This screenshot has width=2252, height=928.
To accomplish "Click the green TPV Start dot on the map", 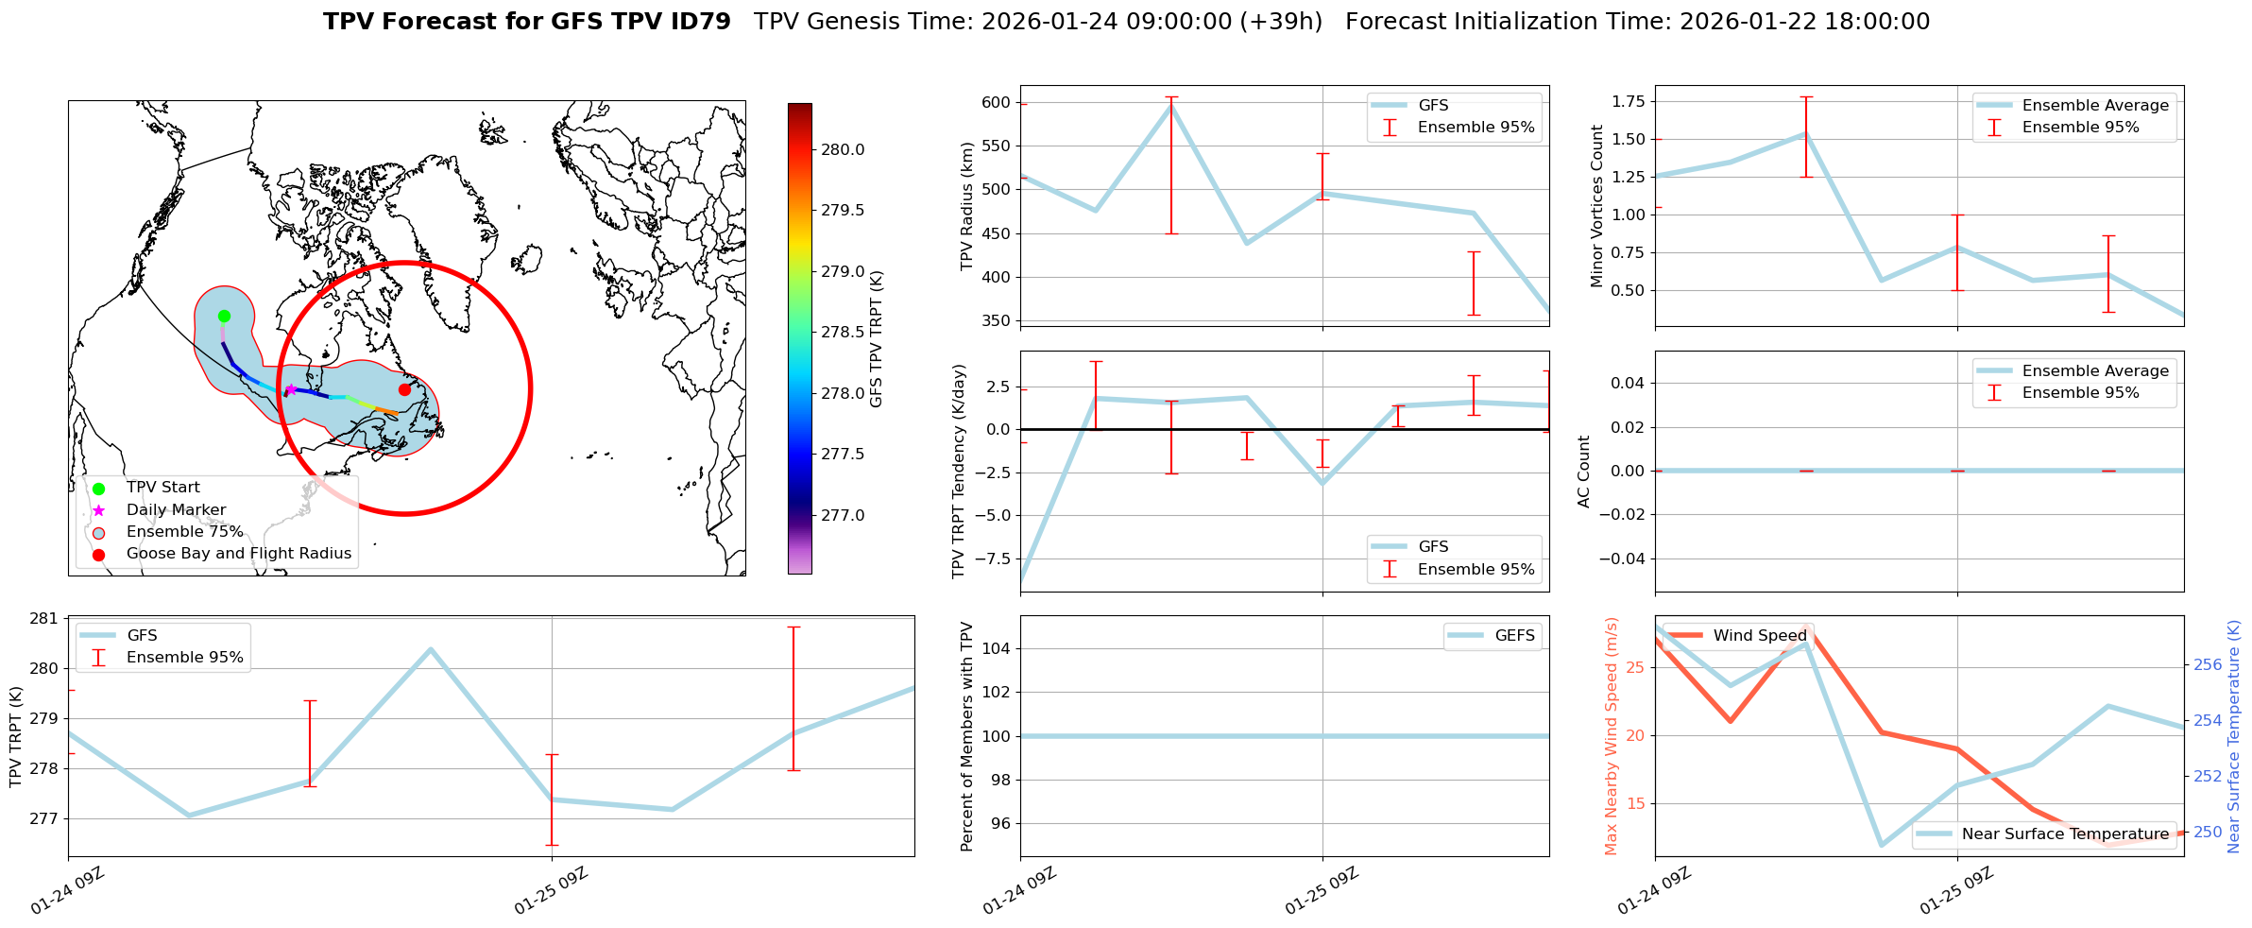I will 224,316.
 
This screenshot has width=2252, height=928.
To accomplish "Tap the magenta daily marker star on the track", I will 291,389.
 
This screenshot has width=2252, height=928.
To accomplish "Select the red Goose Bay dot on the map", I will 404,389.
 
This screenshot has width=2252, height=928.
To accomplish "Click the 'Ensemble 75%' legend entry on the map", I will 184,532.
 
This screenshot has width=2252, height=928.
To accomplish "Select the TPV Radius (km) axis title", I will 966,206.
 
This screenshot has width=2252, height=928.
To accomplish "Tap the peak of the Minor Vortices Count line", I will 1805,133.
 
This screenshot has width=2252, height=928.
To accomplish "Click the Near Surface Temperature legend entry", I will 2064,833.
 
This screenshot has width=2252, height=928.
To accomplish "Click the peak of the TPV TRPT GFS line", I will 431,649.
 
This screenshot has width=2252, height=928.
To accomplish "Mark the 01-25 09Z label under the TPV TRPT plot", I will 552,891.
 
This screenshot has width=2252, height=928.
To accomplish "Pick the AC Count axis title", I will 1584,472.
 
